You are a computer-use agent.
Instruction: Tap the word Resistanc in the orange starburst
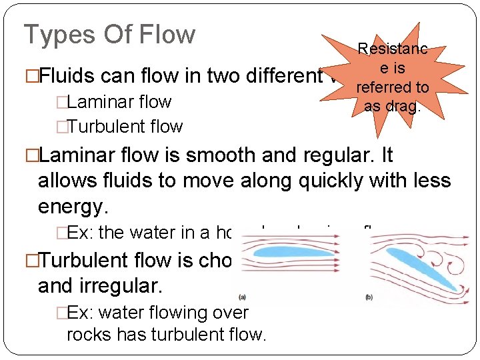(x=392, y=49)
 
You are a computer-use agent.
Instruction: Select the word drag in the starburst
(x=407, y=106)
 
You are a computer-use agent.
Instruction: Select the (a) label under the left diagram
(x=241, y=297)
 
